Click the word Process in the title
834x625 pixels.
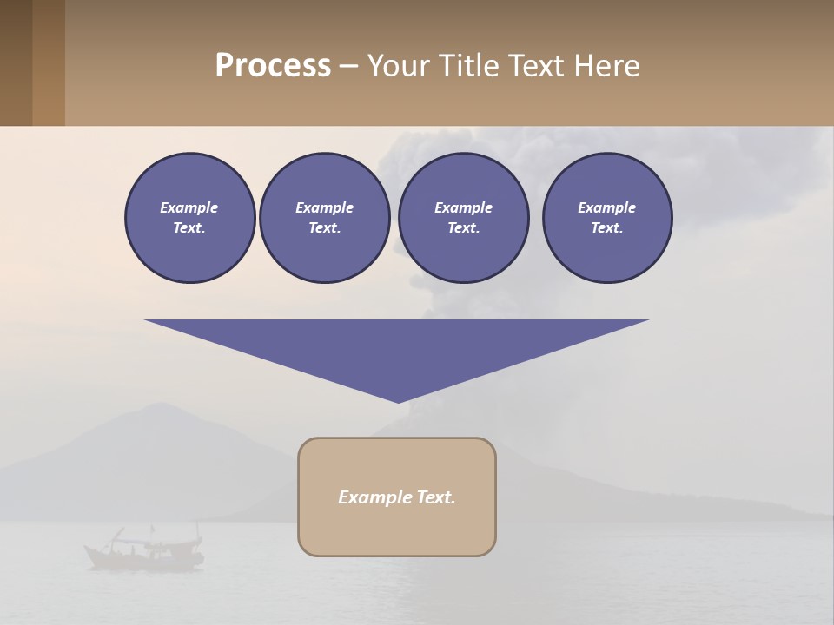coord(273,65)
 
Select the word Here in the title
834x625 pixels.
coord(606,65)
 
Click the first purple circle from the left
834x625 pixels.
coord(189,218)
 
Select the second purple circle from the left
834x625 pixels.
coord(324,218)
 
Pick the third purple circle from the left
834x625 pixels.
coord(463,218)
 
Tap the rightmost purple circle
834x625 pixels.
coord(606,218)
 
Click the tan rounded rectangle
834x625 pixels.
coord(397,497)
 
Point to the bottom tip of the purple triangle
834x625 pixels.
coord(398,401)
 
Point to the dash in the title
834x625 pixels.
coord(348,66)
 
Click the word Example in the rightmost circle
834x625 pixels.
coord(606,207)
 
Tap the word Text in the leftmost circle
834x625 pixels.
coord(189,228)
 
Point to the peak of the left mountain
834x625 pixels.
coord(155,405)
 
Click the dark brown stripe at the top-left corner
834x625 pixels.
coord(16,62)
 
